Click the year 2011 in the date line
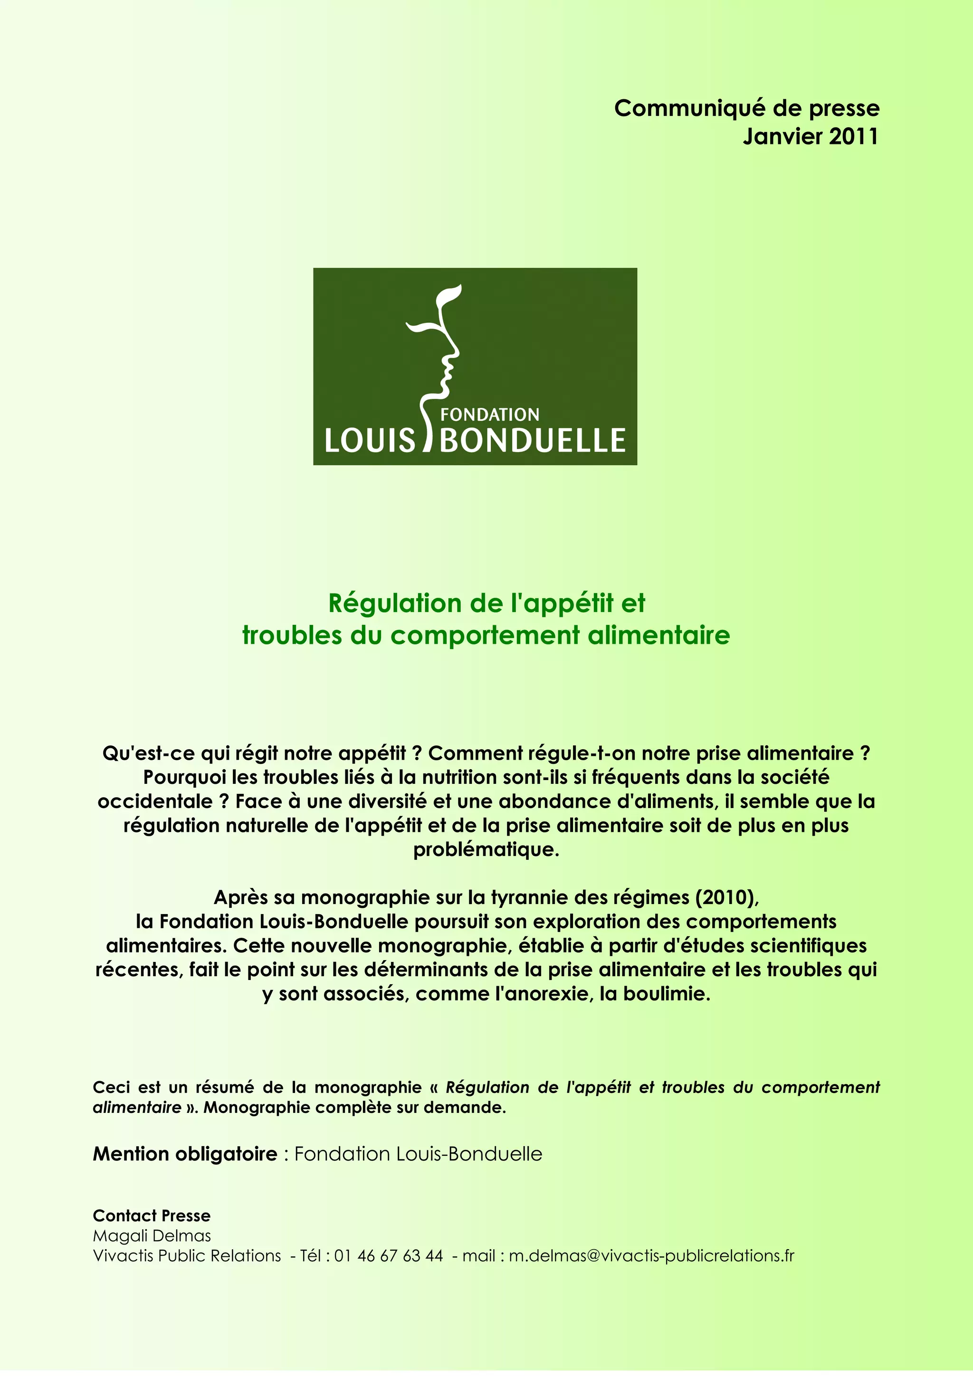pos(853,137)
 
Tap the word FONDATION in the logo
pos(490,414)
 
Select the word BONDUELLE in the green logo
pos(533,441)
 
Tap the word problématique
pos(486,849)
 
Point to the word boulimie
pos(667,994)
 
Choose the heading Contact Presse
pos(152,1216)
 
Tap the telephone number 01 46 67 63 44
pos(389,1255)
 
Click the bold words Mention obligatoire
pos(185,1154)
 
